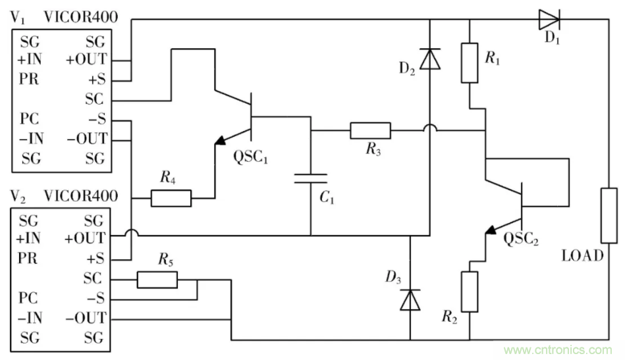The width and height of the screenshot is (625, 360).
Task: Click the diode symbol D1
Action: tap(549, 19)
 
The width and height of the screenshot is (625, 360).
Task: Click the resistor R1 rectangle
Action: tap(469, 63)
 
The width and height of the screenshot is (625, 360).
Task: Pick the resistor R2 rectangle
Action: tap(469, 292)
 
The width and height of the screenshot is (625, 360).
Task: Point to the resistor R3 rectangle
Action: tap(369, 131)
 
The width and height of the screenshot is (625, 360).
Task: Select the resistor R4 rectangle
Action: tap(171, 197)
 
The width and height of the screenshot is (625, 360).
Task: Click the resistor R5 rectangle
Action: tap(157, 280)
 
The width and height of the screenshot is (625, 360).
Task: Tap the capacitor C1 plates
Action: tap(310, 178)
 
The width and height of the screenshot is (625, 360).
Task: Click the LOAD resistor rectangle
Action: tap(609, 215)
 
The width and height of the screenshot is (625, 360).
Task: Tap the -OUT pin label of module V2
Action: tap(86, 318)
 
